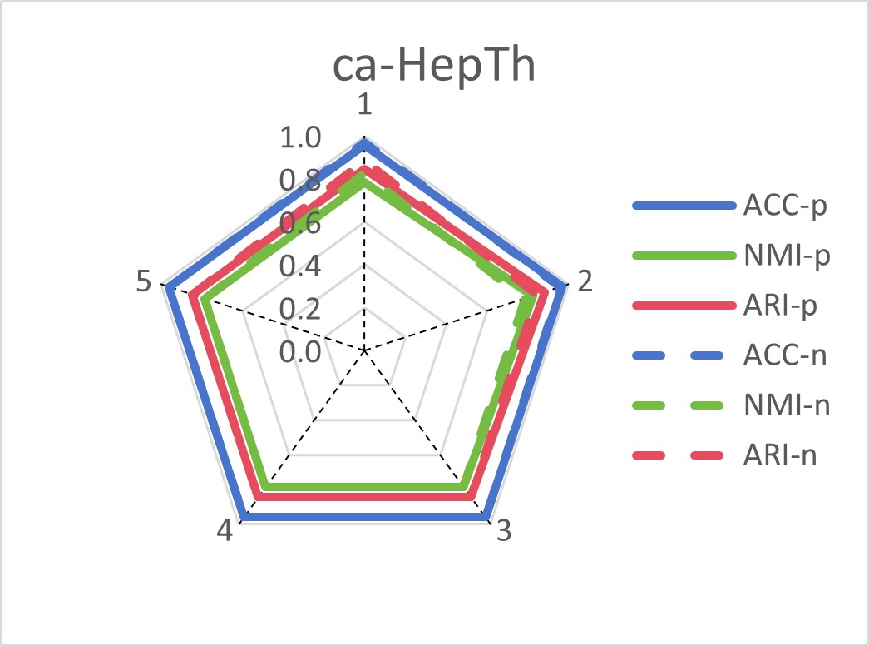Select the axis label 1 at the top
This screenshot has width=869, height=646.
click(363, 107)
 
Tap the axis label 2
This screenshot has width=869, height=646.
click(585, 282)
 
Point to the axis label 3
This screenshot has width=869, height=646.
click(502, 532)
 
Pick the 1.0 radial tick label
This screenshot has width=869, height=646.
click(299, 138)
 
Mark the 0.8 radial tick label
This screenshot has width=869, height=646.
click(299, 181)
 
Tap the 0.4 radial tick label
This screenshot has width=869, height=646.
click(299, 266)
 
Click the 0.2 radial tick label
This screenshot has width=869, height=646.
click(299, 309)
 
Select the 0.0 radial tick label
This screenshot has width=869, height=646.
click(299, 351)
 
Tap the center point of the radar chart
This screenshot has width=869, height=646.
click(363, 350)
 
